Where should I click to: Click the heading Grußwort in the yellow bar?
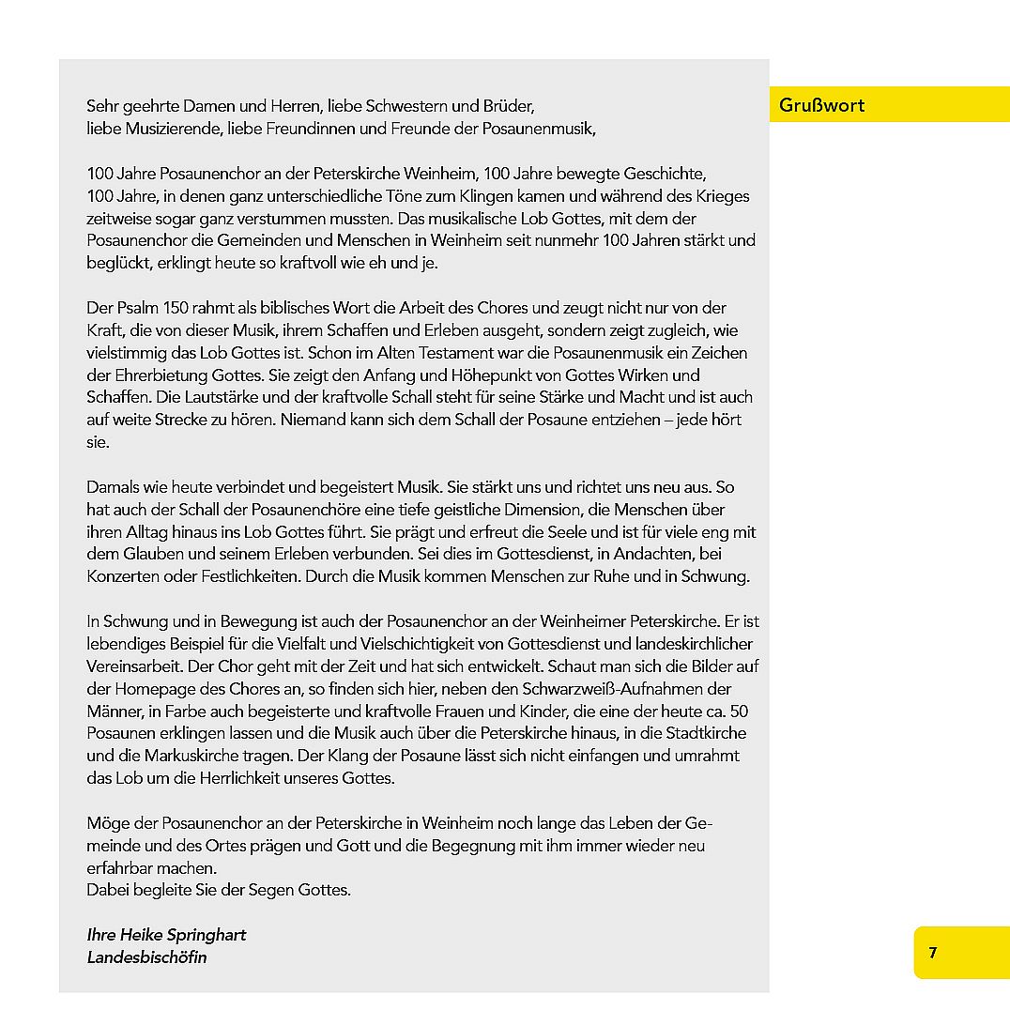821,105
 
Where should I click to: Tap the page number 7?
932,953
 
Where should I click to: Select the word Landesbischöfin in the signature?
146,957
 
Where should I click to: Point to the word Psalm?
137,308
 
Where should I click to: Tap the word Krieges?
722,196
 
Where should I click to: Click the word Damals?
114,488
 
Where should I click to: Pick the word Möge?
106,824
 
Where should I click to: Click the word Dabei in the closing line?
107,890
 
